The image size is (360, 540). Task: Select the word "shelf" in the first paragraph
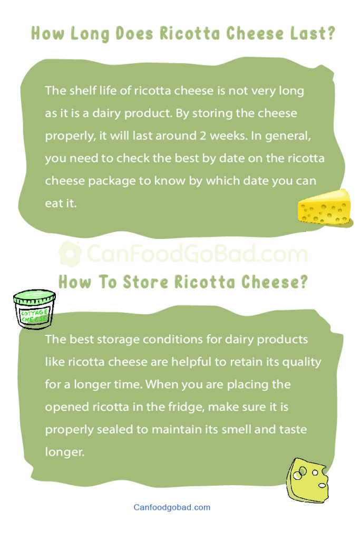82,91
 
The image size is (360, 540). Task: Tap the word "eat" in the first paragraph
54,204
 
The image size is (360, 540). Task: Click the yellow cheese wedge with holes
324,208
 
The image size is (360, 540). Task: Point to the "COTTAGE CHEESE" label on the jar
34,316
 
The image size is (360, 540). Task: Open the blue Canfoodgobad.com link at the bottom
172,507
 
